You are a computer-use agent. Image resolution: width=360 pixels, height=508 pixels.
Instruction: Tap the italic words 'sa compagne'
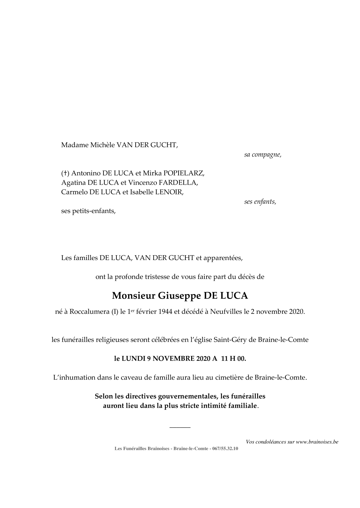(263, 155)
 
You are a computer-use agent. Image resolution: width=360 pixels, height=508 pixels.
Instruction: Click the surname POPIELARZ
(183, 174)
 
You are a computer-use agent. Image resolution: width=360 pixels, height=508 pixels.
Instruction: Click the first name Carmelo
(74, 192)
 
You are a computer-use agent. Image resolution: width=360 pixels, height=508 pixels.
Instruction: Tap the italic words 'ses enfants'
(260, 202)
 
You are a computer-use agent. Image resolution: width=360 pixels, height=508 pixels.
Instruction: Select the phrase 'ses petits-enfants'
(88, 211)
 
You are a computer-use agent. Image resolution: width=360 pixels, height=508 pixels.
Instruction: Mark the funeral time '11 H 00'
(234, 359)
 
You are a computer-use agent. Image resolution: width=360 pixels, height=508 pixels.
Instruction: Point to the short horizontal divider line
(180, 427)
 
